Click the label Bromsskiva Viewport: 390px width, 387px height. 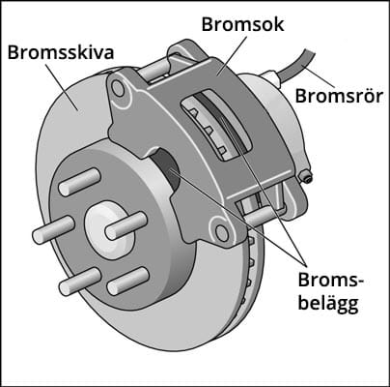click(x=61, y=52)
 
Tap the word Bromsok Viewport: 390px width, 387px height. click(x=243, y=24)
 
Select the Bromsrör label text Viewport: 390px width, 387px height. click(x=339, y=96)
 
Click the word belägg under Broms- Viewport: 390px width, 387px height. click(x=328, y=304)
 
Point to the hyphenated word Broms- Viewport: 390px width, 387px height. click(x=330, y=280)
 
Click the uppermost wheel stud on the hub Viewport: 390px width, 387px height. click(x=80, y=182)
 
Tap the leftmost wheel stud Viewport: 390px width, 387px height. click(x=54, y=229)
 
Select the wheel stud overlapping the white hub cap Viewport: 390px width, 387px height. click(x=126, y=225)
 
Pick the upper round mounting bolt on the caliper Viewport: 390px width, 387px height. click(x=118, y=88)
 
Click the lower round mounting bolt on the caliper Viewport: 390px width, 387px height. click(x=221, y=233)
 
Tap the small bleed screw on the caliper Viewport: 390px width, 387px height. click(x=306, y=177)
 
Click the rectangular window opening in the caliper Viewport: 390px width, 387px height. click(x=216, y=126)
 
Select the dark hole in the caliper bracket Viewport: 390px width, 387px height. click(x=166, y=168)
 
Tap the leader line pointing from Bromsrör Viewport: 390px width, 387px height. click(x=320, y=79)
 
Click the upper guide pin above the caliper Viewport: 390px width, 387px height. click(x=153, y=70)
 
